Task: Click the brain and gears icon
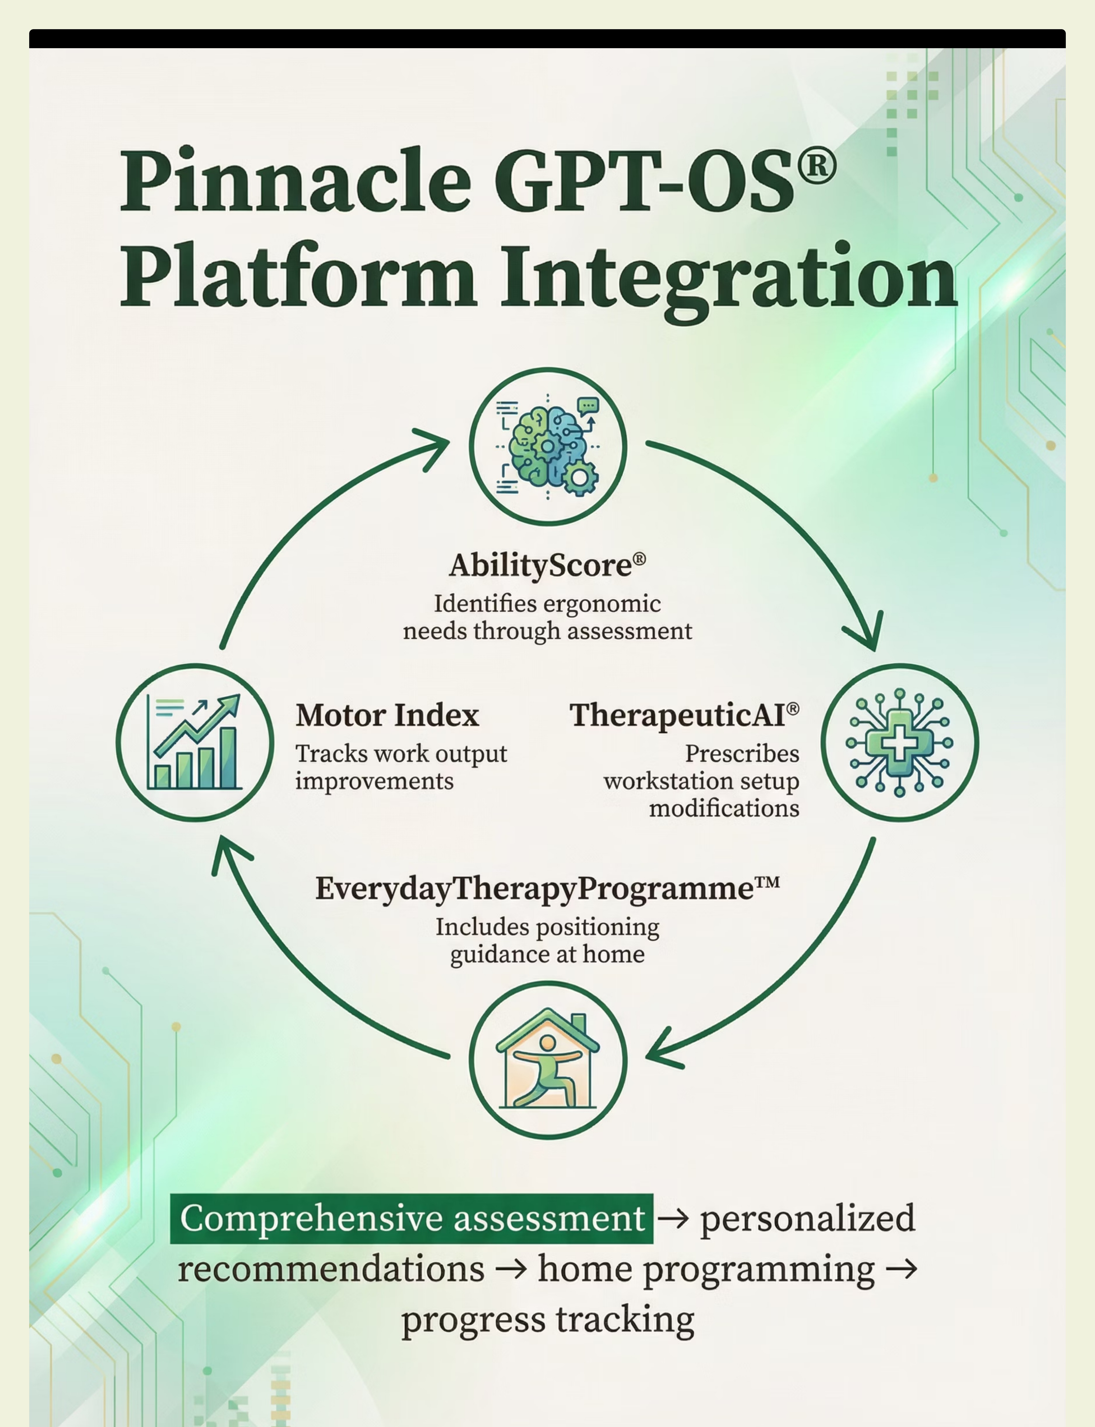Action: [x=547, y=446]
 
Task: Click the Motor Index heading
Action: [x=387, y=715]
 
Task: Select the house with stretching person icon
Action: [x=547, y=1061]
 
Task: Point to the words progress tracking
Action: [x=547, y=1320]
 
